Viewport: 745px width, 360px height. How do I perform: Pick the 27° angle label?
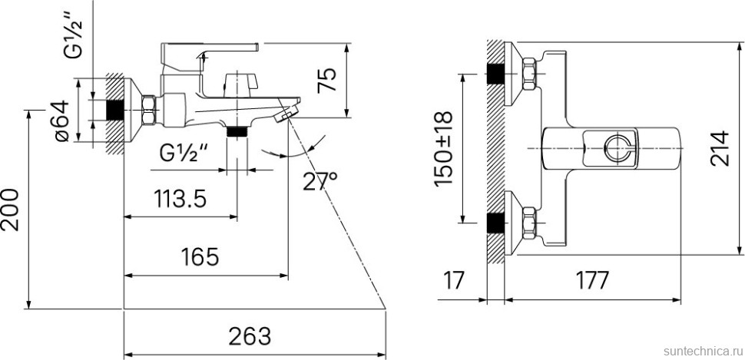[319, 181]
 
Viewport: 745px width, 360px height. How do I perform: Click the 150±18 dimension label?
[443, 148]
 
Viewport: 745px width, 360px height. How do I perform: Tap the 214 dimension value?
[720, 148]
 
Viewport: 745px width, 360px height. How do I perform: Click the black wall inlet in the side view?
[114, 110]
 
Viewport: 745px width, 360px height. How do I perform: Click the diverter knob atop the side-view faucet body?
[239, 81]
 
